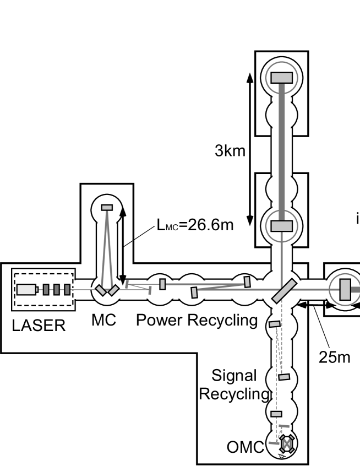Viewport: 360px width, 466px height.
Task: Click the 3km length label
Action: pyautogui.click(x=230, y=151)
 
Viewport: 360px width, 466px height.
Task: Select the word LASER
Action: pyautogui.click(x=39, y=326)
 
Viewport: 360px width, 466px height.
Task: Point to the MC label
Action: pyautogui.click(x=103, y=320)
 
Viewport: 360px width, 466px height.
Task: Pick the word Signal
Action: pyautogui.click(x=234, y=376)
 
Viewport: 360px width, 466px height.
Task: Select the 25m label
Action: pyautogui.click(x=335, y=356)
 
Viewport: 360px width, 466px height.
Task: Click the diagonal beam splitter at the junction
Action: pyautogui.click(x=285, y=289)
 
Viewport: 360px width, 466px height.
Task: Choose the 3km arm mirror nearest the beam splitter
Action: pyautogui.click(x=281, y=226)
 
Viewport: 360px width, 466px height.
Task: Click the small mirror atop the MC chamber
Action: pyautogui.click(x=107, y=207)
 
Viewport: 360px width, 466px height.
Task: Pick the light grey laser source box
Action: pyautogui.click(x=25, y=289)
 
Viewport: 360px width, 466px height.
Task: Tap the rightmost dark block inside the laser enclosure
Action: pyautogui.click(x=67, y=289)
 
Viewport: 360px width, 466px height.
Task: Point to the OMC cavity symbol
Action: pyautogui.click(x=286, y=442)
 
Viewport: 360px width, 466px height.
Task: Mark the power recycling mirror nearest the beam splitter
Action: pyautogui.click(x=247, y=281)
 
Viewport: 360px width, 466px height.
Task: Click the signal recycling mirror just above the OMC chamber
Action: pyautogui.click(x=276, y=414)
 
